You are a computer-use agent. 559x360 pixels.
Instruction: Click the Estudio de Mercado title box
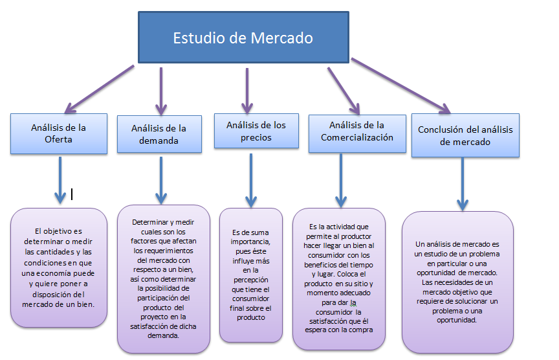(x=243, y=38)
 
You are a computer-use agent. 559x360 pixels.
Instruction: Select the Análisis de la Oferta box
(x=58, y=133)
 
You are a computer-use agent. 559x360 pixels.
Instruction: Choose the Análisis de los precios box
(x=256, y=131)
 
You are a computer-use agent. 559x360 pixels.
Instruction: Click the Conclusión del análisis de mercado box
(x=465, y=136)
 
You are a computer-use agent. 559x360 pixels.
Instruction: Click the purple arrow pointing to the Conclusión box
(x=401, y=87)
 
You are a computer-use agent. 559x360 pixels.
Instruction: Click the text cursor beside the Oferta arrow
(x=72, y=193)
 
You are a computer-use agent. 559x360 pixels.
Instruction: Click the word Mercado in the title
(x=281, y=38)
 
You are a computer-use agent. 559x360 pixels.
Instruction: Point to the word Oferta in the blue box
(x=58, y=139)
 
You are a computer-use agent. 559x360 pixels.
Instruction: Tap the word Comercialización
(x=357, y=137)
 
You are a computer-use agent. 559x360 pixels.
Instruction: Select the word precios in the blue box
(x=256, y=137)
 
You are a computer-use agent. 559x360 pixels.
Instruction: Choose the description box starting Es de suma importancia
(x=251, y=275)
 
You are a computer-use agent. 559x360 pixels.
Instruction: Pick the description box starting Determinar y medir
(x=163, y=278)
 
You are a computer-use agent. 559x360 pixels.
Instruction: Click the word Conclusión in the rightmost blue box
(x=439, y=129)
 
